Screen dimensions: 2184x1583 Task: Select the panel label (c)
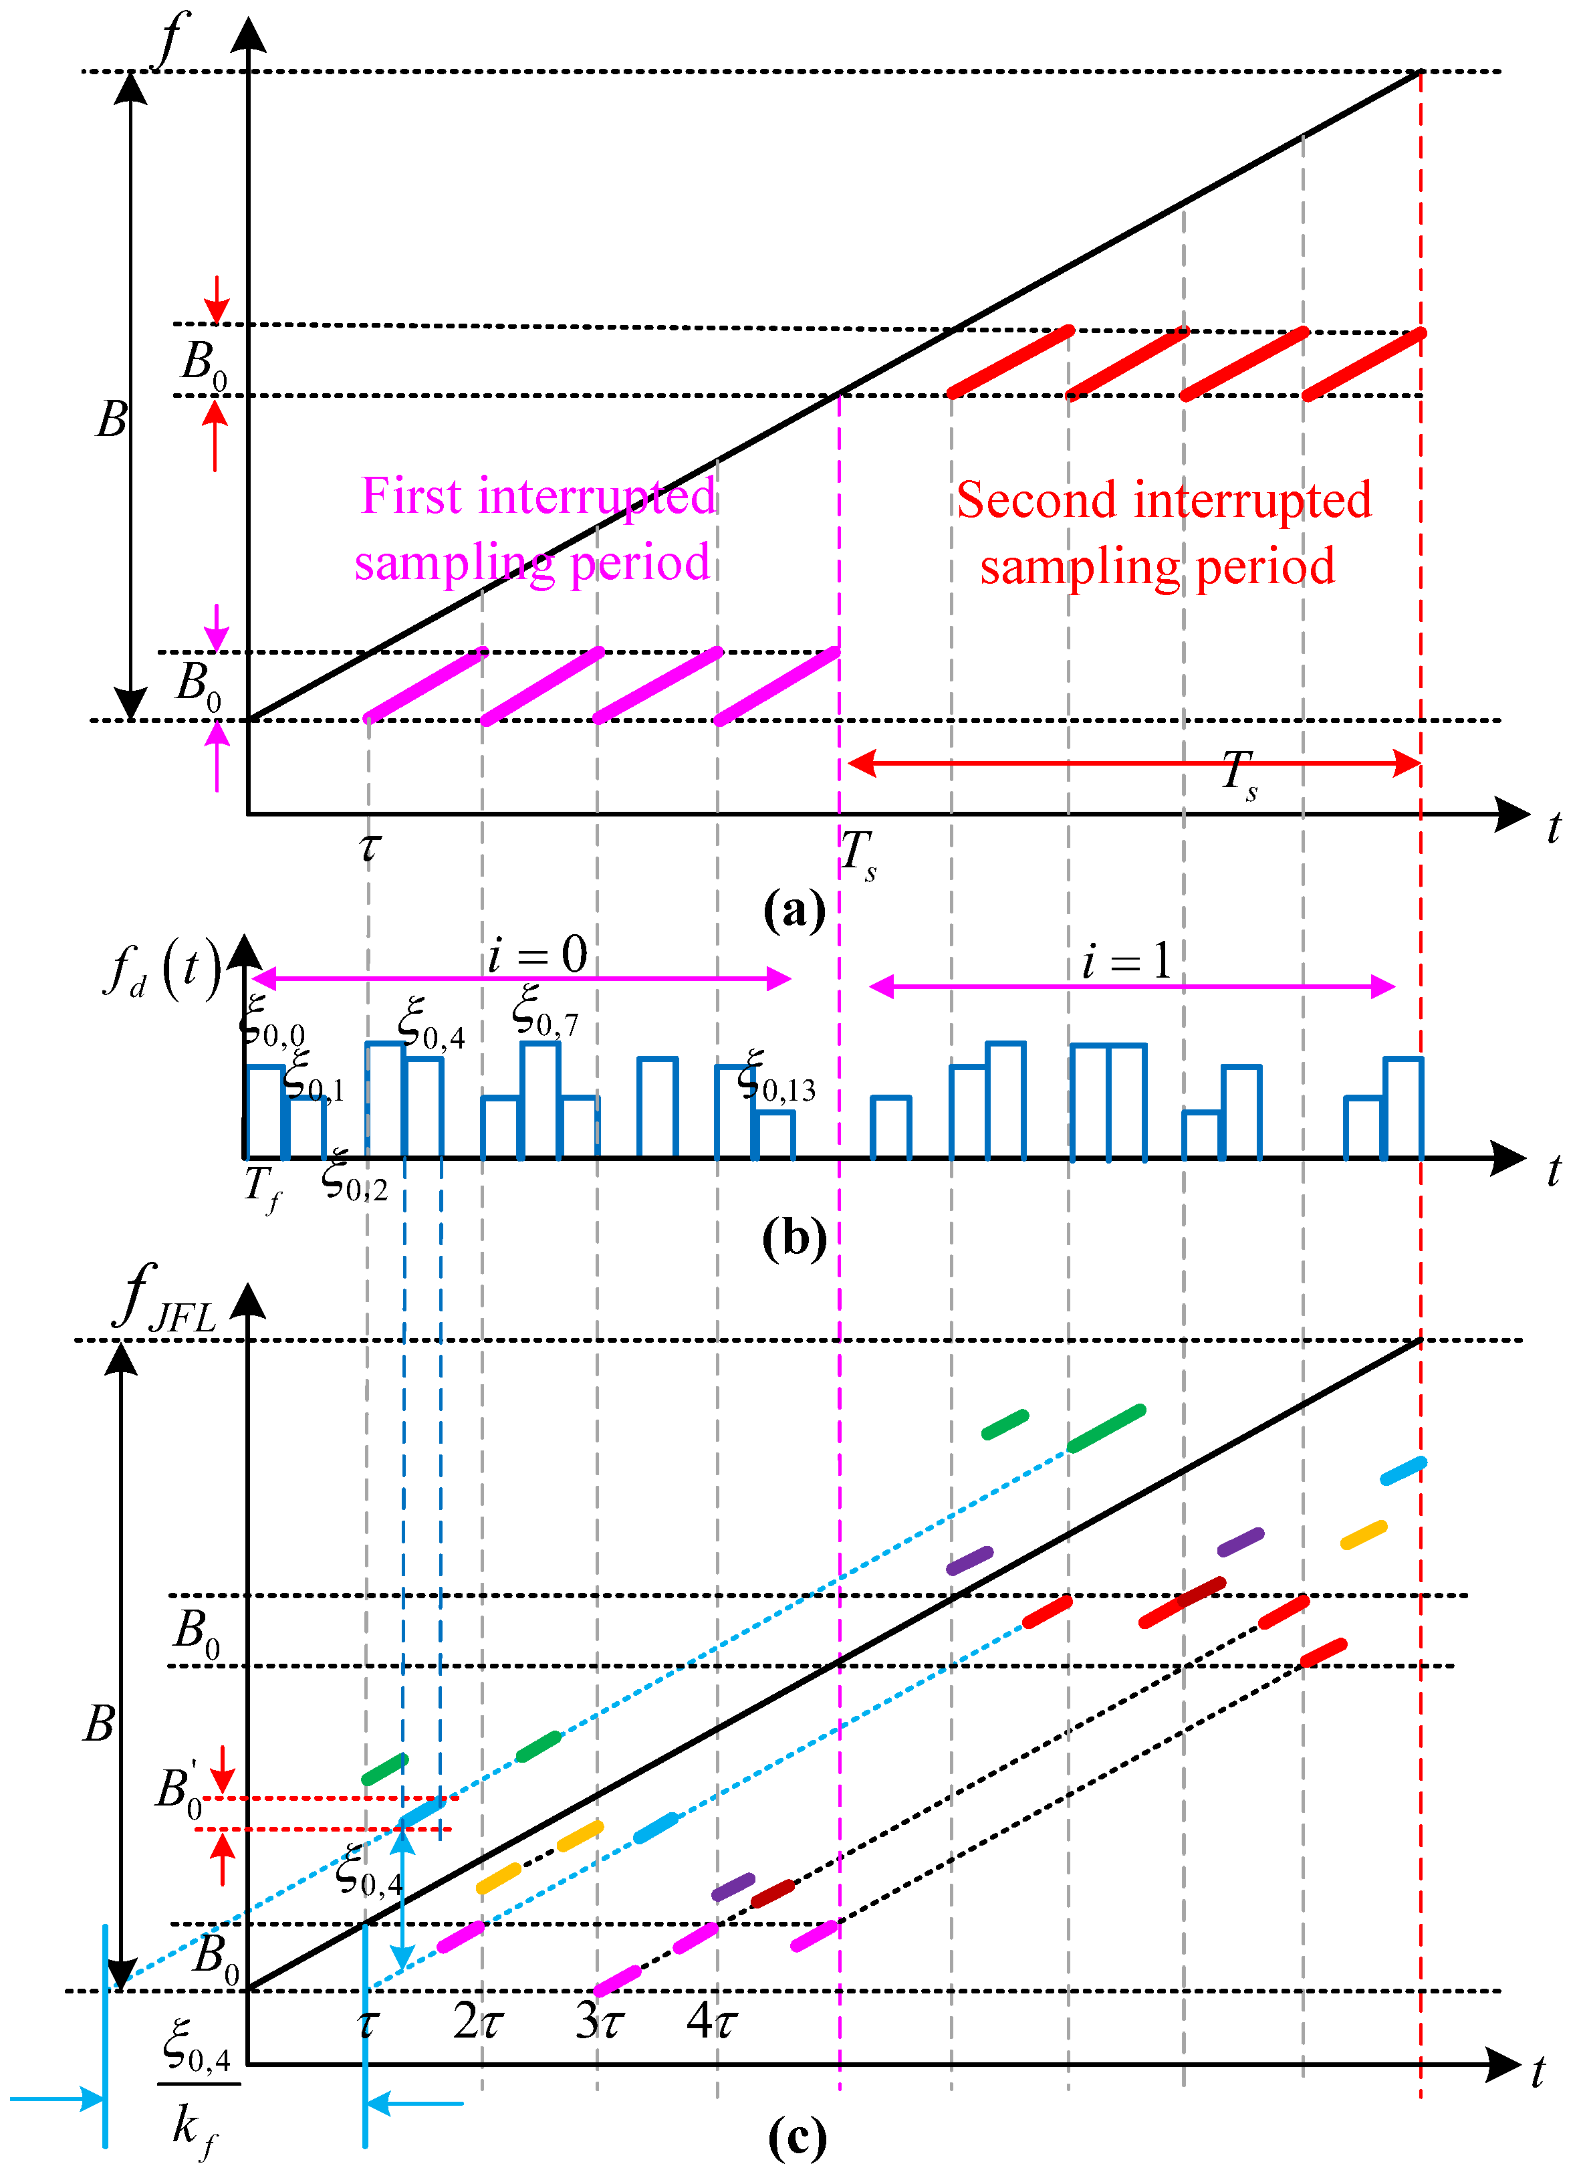(x=798, y=2138)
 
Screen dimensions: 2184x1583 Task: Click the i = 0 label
(x=537, y=956)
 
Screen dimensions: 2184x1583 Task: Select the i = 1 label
(x=1126, y=961)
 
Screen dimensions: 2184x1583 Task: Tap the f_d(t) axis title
(x=162, y=967)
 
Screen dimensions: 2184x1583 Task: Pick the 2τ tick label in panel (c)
(x=477, y=2020)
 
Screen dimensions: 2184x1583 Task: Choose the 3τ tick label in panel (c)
(x=600, y=2020)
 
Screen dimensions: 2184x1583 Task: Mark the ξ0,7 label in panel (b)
(x=545, y=1011)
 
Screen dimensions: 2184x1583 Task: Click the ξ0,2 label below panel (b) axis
(x=354, y=1178)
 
